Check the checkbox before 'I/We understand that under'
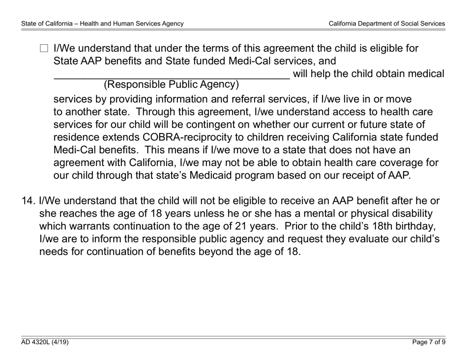(x=44, y=49)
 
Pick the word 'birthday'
(x=413, y=226)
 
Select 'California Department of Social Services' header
(x=387, y=23)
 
